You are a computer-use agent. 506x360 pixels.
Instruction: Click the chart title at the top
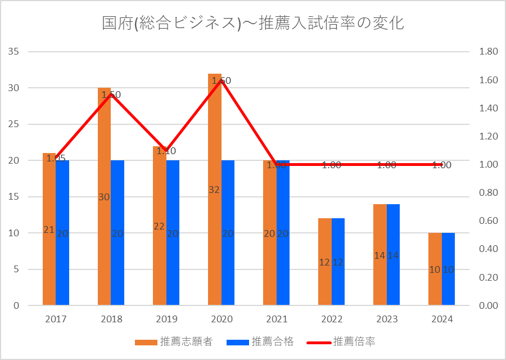click(253, 23)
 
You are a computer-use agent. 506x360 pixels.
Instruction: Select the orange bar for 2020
click(214, 225)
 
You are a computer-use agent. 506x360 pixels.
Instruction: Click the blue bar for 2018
click(118, 253)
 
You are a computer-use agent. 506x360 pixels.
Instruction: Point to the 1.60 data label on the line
click(222, 81)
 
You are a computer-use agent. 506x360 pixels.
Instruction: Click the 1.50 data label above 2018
click(111, 95)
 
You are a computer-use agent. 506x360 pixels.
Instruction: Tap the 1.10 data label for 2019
click(166, 151)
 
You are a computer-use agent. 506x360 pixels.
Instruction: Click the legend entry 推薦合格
click(265, 341)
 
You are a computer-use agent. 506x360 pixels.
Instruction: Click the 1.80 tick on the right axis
click(488, 52)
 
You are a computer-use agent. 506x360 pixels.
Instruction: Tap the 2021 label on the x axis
click(277, 319)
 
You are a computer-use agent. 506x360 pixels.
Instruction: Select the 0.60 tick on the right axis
click(488, 221)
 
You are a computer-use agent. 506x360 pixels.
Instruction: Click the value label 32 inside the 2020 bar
click(214, 190)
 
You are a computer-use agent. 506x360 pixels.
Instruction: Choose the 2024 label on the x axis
click(442, 319)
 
